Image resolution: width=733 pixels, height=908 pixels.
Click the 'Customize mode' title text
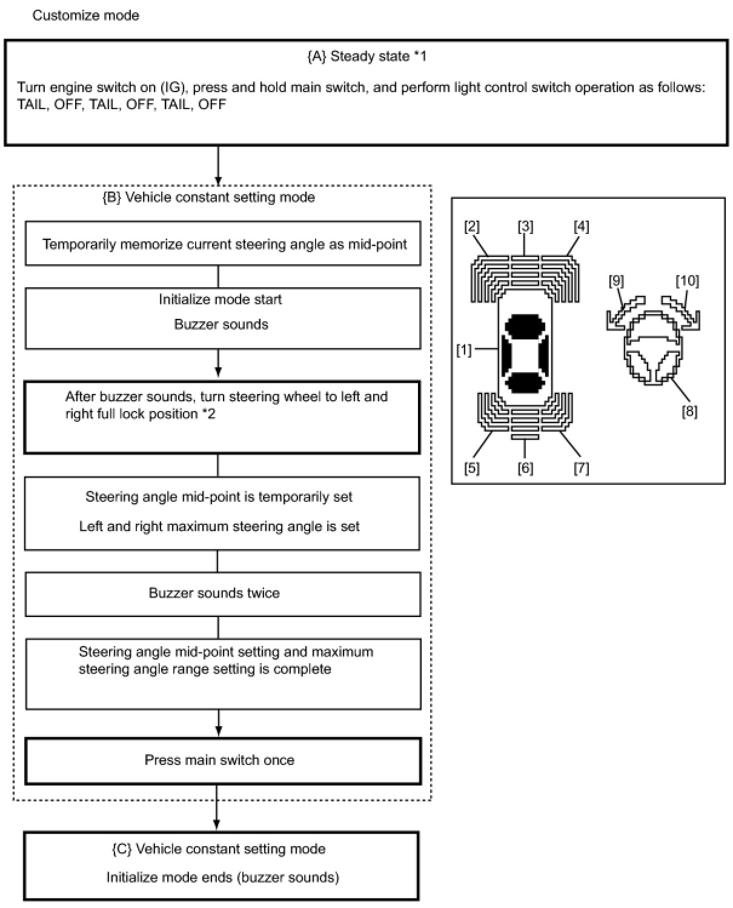pyautogui.click(x=85, y=15)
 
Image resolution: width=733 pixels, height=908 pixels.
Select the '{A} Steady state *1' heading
pyautogui.click(x=366, y=56)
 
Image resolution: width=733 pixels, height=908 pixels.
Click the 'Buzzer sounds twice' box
pyautogui.click(x=222, y=593)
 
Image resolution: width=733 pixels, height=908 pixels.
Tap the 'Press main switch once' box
pyautogui.click(x=222, y=761)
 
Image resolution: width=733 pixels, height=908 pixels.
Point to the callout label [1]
pyautogui.click(x=463, y=350)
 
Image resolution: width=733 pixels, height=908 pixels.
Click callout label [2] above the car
pyautogui.click(x=472, y=227)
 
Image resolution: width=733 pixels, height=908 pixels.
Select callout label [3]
pyautogui.click(x=525, y=227)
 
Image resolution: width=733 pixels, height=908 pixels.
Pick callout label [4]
pyautogui.click(x=581, y=227)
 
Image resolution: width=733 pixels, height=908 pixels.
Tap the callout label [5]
pyautogui.click(x=472, y=468)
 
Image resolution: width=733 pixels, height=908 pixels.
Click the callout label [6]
pyautogui.click(x=525, y=468)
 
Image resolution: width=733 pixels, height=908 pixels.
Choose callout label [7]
pyautogui.click(x=581, y=468)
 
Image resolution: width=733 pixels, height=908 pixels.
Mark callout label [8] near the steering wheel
pyautogui.click(x=689, y=412)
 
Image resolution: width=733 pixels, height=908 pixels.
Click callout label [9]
pyautogui.click(x=616, y=281)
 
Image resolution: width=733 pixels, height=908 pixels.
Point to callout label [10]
pyautogui.click(x=687, y=281)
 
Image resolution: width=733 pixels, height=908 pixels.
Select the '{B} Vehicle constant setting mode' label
pyautogui.click(x=209, y=198)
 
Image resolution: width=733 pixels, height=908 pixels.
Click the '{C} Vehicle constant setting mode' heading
pyautogui.click(x=219, y=849)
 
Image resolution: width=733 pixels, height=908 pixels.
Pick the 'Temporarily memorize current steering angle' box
pyautogui.click(x=222, y=245)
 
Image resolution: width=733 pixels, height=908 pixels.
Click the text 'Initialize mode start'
pyautogui.click(x=221, y=299)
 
